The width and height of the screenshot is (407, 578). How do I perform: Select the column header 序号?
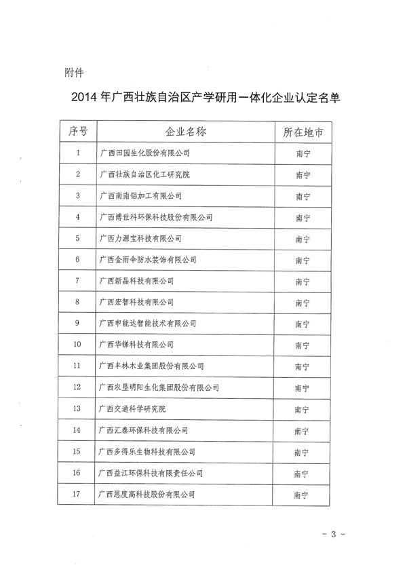[x=79, y=132]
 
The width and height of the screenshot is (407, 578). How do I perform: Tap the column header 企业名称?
[x=186, y=132]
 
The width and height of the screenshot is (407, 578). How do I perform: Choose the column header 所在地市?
[x=303, y=132]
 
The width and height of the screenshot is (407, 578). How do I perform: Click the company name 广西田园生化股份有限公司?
[x=144, y=153]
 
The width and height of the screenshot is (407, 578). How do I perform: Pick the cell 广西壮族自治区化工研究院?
[x=144, y=174]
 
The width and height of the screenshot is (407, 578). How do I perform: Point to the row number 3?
[x=79, y=196]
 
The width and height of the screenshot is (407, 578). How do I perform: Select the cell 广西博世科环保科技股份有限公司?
[x=155, y=217]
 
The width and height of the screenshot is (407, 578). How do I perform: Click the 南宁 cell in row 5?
[x=303, y=239]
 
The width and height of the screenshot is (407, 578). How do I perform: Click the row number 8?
[x=79, y=302]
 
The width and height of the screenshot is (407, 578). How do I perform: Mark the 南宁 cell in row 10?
[x=303, y=345]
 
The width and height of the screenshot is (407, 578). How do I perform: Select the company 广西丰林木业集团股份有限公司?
[x=151, y=366]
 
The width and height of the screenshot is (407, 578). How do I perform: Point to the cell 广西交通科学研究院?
[x=136, y=409]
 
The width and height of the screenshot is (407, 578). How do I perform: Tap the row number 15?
[x=79, y=452]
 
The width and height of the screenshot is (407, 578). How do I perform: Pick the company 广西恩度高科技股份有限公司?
[x=147, y=495]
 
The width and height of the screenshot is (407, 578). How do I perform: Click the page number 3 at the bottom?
[x=333, y=535]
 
